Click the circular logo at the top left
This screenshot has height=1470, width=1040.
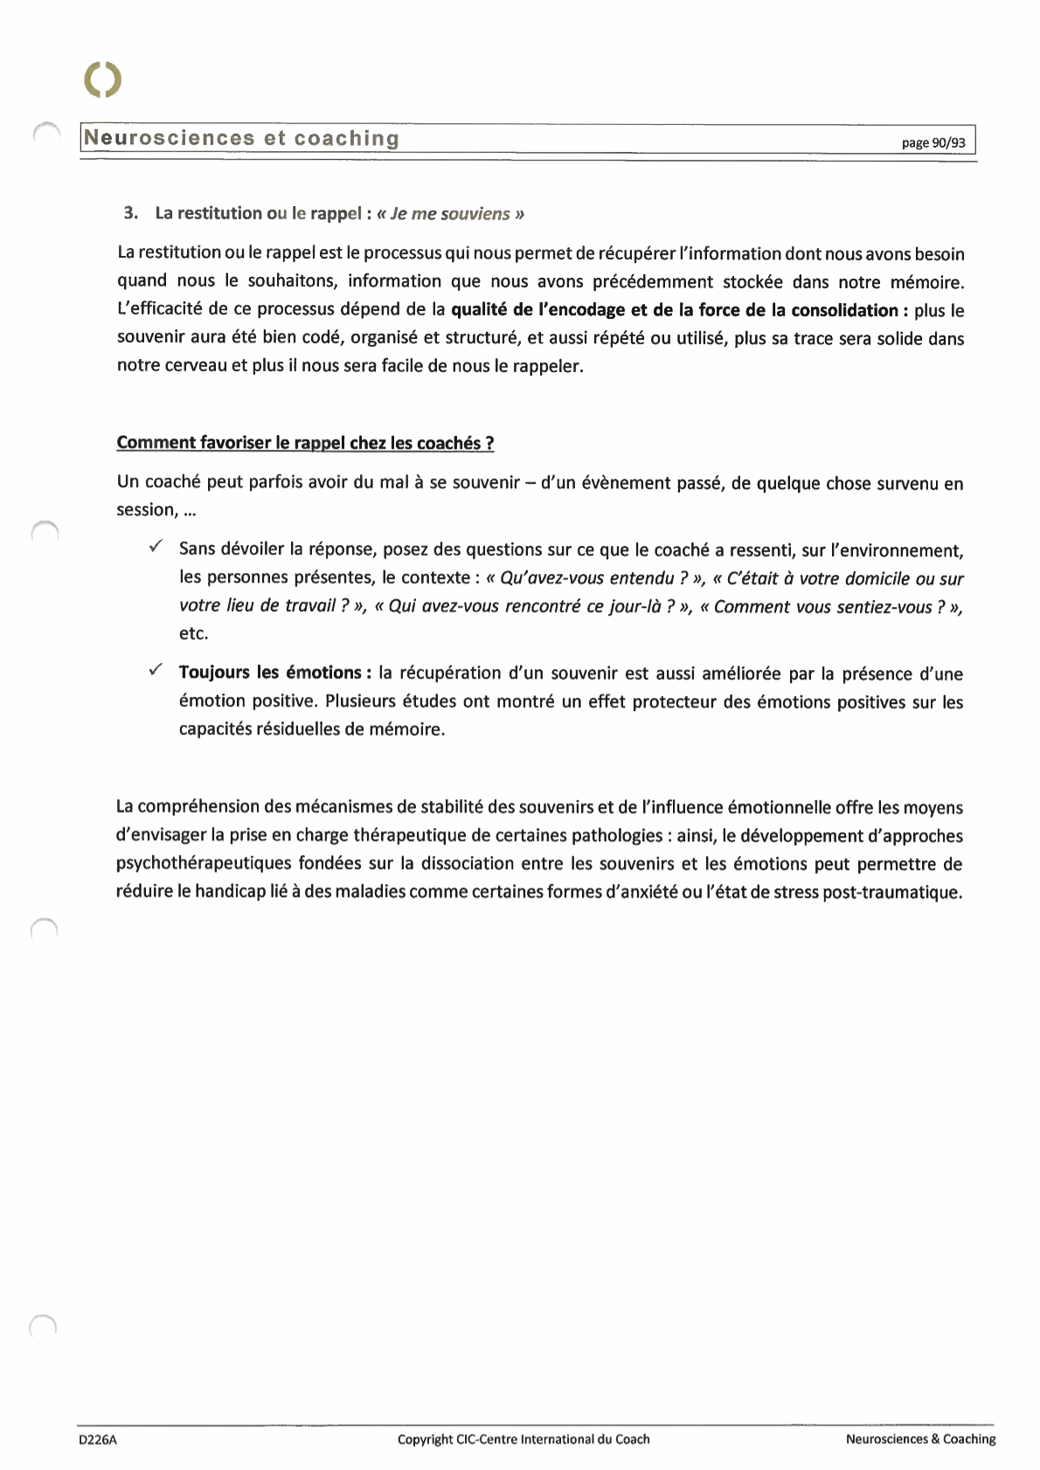[x=103, y=79]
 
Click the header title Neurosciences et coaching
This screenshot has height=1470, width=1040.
[x=242, y=139]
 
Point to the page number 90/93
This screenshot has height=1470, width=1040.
[x=933, y=142]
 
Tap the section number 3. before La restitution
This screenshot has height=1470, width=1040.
[x=131, y=213]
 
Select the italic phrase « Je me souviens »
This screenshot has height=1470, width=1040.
[x=450, y=214]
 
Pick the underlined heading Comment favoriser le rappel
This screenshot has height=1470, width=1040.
[x=305, y=443]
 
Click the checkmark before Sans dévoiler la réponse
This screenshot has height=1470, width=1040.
[x=155, y=547]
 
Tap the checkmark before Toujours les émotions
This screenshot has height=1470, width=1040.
[x=155, y=670]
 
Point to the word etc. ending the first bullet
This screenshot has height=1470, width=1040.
[x=194, y=633]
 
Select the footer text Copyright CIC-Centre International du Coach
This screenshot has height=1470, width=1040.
[x=523, y=1439]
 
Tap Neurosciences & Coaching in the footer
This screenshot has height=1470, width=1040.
[x=920, y=1439]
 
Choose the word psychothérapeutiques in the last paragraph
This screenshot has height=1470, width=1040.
[x=204, y=864]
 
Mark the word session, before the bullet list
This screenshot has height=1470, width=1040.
[x=146, y=510]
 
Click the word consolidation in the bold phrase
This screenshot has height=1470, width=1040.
[x=844, y=310]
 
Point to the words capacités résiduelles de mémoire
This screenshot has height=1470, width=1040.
[x=312, y=729]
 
